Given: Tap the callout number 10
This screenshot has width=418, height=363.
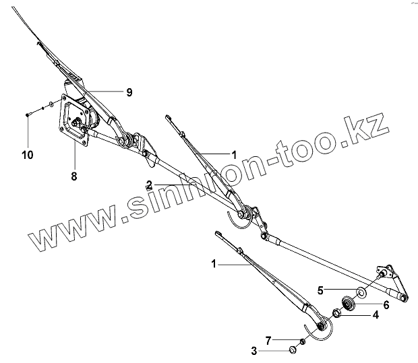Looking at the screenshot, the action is (x=27, y=156).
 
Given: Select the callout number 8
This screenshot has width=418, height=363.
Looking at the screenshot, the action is (x=74, y=176).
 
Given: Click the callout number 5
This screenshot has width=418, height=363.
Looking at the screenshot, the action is (x=322, y=290).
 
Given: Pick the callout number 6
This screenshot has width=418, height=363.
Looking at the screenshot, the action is (x=386, y=304).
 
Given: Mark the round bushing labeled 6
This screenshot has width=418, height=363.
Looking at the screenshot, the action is (x=350, y=302).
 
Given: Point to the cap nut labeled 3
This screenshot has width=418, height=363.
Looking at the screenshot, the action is (x=293, y=350).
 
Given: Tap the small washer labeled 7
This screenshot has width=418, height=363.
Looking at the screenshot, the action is (x=302, y=342).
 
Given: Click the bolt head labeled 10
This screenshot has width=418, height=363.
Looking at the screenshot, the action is (x=27, y=114).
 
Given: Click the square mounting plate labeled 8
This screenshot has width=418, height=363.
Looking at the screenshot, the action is (x=70, y=121).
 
